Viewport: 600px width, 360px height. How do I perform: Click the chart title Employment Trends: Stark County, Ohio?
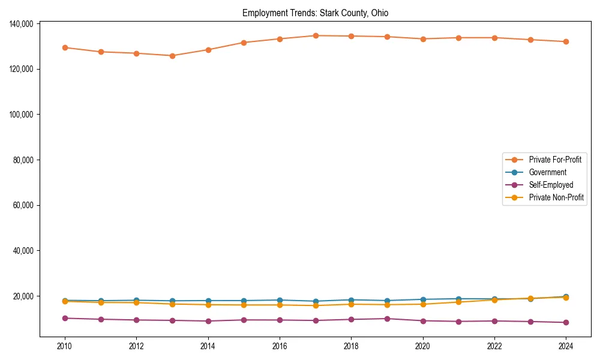pos(315,13)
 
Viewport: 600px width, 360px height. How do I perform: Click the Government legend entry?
pos(547,172)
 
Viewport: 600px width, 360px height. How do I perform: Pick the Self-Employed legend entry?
pos(551,185)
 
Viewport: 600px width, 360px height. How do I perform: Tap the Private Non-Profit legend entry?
pos(556,197)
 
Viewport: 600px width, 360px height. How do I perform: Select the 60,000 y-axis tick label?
pos(22,205)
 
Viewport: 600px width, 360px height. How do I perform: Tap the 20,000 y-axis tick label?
pos(22,296)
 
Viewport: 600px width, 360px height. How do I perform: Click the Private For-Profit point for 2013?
pos(172,56)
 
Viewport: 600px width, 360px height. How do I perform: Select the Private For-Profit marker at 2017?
pos(316,35)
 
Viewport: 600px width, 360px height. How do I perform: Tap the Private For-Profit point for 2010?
pos(65,47)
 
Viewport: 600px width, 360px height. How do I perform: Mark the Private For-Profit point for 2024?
pos(566,41)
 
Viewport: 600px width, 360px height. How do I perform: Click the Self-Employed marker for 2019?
pos(387,319)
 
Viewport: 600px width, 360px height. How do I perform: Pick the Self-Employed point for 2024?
pos(566,322)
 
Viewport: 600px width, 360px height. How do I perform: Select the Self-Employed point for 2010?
pos(65,318)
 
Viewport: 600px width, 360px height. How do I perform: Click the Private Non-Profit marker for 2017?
pos(316,305)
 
